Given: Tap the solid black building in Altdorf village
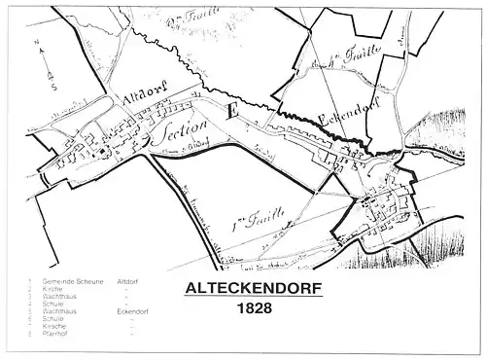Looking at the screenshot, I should click(x=99, y=151).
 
